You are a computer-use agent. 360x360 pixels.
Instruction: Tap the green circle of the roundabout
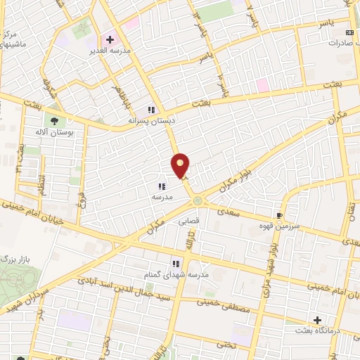click(198, 201)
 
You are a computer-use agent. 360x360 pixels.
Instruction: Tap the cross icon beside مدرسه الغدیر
click(110, 39)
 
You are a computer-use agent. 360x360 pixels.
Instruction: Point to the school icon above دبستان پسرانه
click(150, 109)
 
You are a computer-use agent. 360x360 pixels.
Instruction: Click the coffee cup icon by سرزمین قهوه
click(281, 215)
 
